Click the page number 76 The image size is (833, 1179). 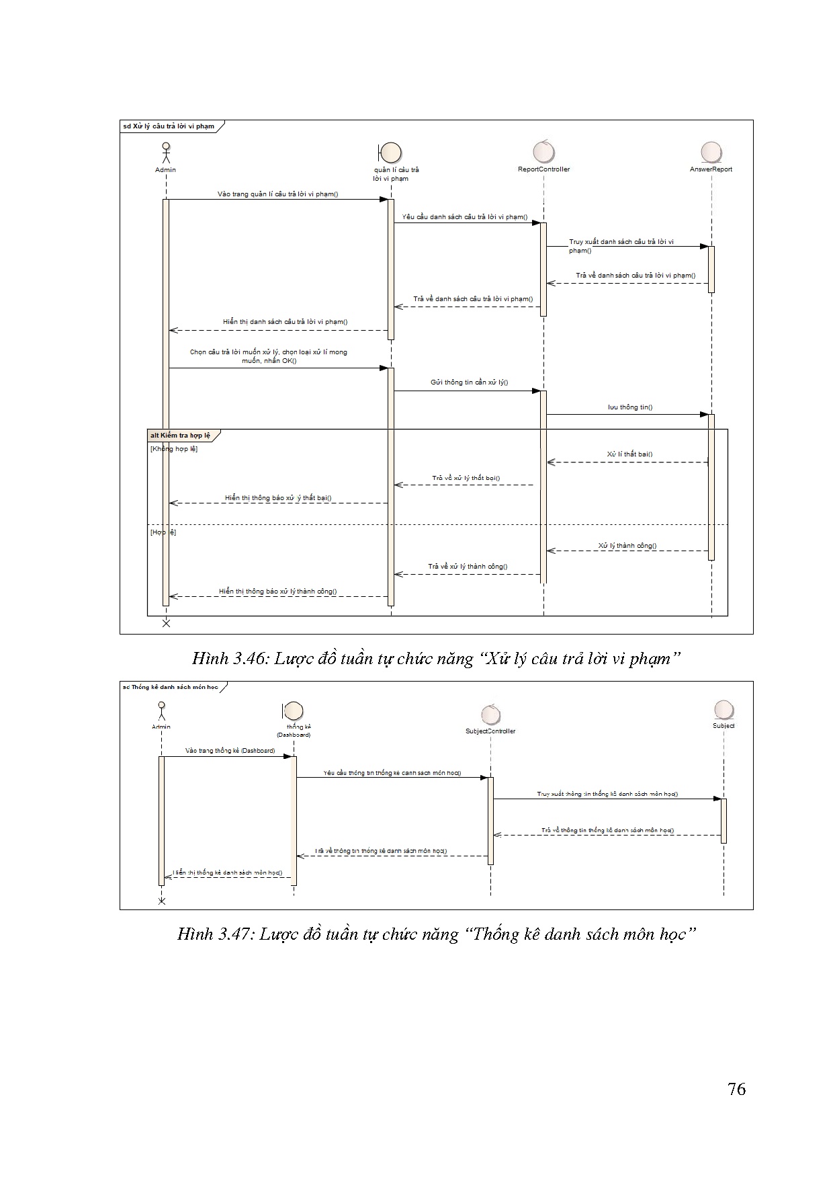(x=736, y=1089)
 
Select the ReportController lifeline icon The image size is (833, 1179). (x=543, y=152)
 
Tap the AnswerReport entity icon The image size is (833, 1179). (x=711, y=152)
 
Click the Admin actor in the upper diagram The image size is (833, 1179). (x=165, y=153)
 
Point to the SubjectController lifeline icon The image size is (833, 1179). (x=490, y=715)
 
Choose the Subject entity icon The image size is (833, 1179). (x=724, y=710)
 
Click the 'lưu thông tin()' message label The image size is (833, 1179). (x=630, y=407)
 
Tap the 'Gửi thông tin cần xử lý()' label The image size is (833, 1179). (x=469, y=382)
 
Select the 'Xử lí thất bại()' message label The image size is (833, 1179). (x=629, y=454)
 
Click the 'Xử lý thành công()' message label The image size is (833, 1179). (x=627, y=546)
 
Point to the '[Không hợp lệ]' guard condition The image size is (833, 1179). (x=174, y=448)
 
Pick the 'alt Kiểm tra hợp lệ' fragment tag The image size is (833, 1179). (x=180, y=436)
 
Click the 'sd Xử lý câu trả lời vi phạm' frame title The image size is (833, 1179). (x=169, y=126)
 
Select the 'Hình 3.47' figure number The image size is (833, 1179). (x=215, y=934)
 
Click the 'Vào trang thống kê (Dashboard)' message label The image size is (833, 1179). (x=230, y=750)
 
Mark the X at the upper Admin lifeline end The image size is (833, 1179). (x=166, y=623)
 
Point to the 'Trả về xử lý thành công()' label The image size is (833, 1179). (x=468, y=567)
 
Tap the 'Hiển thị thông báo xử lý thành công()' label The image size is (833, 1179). (x=277, y=592)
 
